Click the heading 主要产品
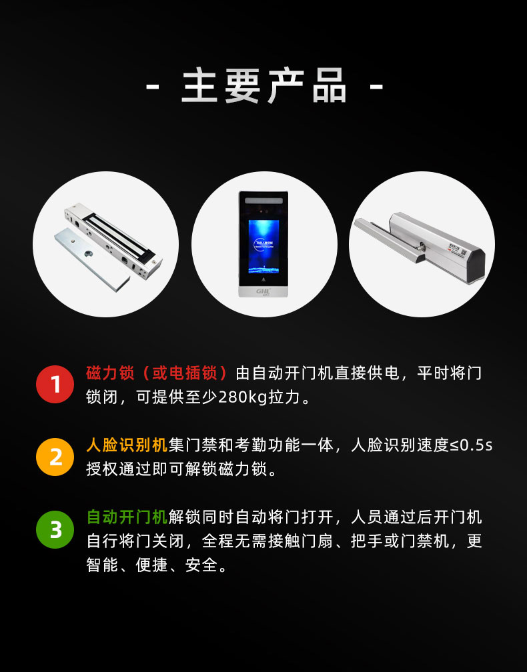263,87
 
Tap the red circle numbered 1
55,385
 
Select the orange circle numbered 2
55,457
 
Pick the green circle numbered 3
55,529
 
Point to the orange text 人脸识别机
127,445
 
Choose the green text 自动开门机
127,517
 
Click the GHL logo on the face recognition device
263,291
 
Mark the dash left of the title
152,87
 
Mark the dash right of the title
376,87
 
